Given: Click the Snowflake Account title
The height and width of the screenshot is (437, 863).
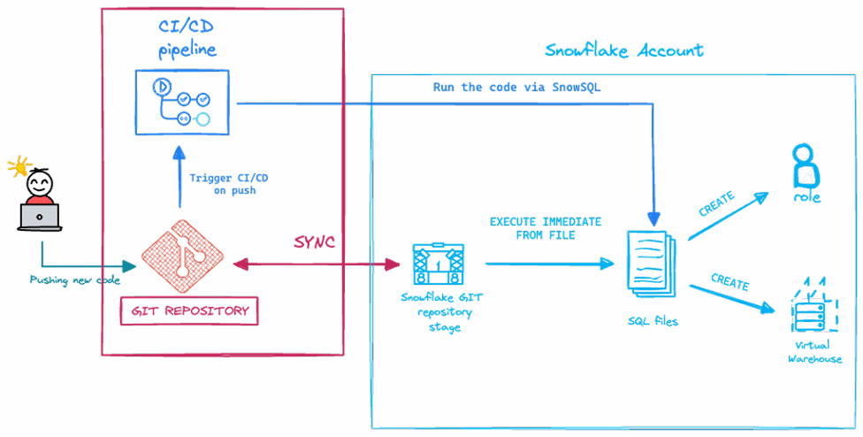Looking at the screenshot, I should (624, 50).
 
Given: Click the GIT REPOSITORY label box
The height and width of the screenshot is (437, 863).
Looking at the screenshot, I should (188, 310).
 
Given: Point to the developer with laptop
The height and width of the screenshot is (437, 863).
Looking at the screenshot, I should (40, 200).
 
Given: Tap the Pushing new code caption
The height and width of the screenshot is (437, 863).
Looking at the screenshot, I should (74, 280).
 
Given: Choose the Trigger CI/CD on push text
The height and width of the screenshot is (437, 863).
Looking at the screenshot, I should (229, 184).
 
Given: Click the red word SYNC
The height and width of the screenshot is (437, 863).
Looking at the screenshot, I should (315, 242).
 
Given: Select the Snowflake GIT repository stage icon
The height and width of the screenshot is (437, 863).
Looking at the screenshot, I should (439, 263).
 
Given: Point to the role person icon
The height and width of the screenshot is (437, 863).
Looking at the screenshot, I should (806, 165).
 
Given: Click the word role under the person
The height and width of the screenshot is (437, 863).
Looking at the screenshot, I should (806, 197).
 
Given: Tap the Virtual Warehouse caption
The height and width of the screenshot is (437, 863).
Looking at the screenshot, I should (813, 353).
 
